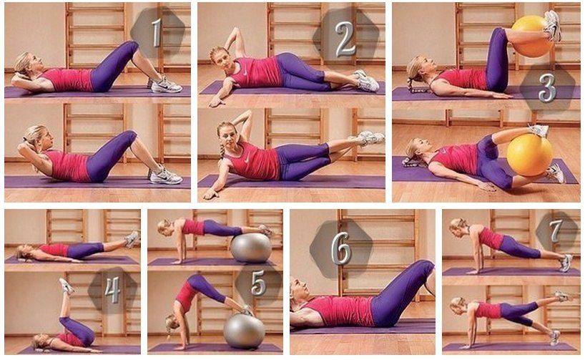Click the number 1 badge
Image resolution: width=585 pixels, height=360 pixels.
pyautogui.click(x=157, y=32)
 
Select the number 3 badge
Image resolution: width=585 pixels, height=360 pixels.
pyautogui.click(x=547, y=87)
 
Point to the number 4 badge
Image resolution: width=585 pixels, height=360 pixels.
pyautogui.click(x=112, y=290)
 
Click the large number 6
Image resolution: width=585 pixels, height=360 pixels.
pyautogui.click(x=341, y=248)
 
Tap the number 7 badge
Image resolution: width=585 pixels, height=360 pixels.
pyautogui.click(x=556, y=230)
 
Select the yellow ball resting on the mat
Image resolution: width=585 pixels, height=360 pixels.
pyautogui.click(x=530, y=154)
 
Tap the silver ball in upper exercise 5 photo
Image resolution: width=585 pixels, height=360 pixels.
pyautogui.click(x=251, y=248)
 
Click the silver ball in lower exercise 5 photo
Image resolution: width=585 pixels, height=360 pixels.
pyautogui.click(x=245, y=331)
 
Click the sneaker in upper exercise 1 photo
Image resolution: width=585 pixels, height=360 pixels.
pyautogui.click(x=166, y=85)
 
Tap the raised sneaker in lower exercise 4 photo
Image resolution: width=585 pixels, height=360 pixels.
pyautogui.click(x=66, y=286)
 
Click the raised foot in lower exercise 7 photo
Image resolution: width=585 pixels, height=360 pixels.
pyautogui.click(x=563, y=296)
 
